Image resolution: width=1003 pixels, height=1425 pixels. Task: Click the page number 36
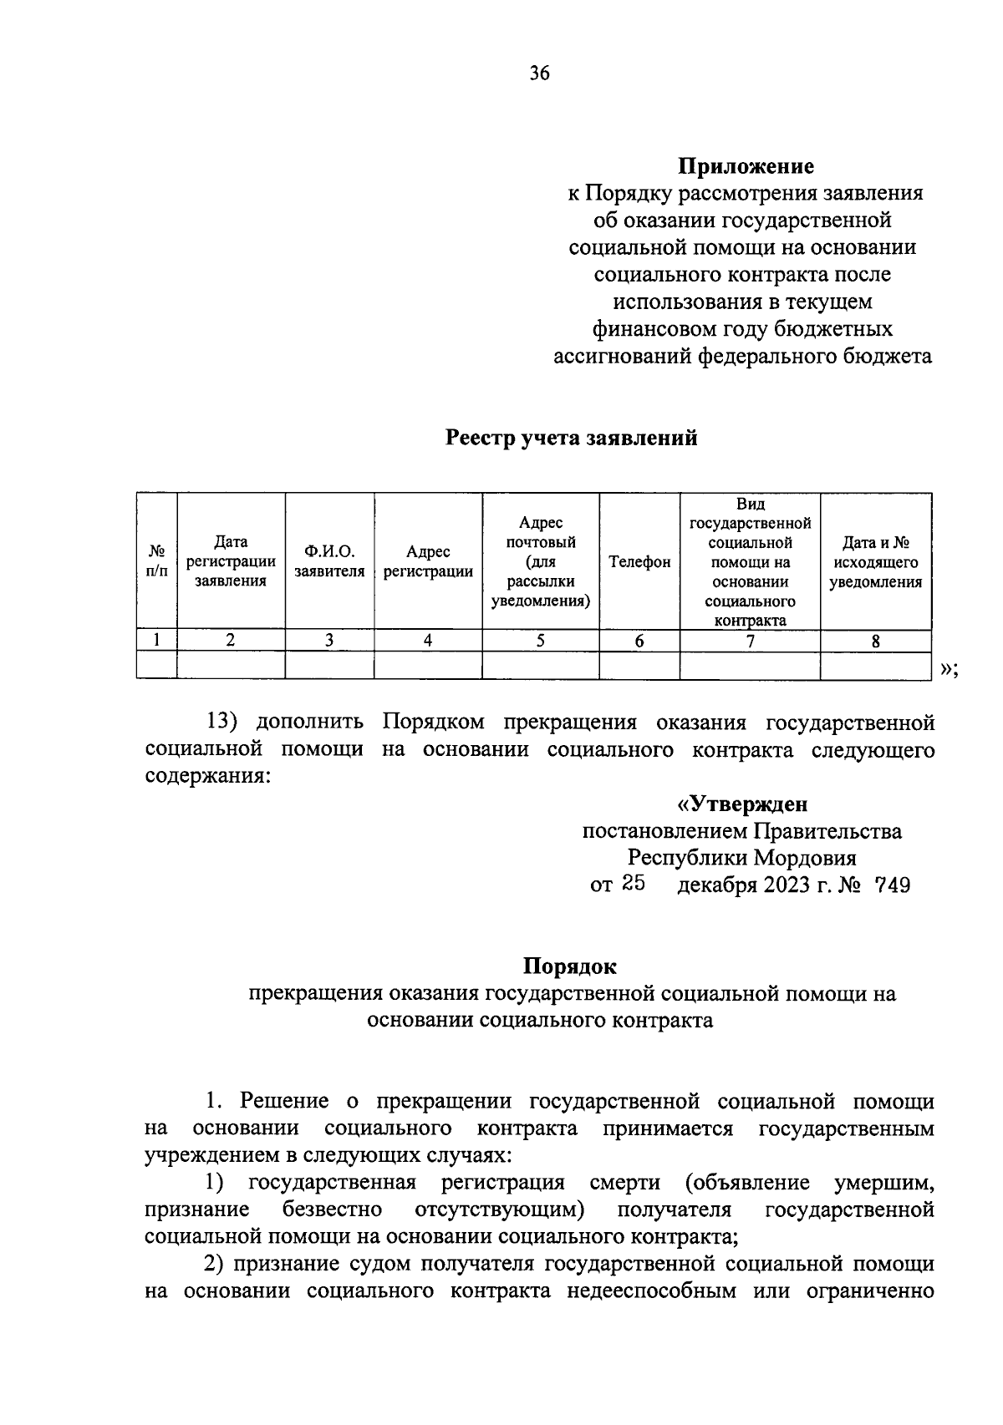click(539, 74)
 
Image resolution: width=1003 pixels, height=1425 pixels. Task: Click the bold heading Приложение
click(746, 166)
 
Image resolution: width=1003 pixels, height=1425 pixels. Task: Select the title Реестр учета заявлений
click(571, 438)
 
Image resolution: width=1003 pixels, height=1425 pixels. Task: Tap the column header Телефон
click(639, 562)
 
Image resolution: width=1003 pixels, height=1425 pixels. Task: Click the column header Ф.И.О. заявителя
click(329, 561)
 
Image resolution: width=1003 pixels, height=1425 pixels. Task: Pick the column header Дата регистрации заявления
click(231, 561)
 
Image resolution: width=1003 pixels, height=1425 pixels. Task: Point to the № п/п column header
click(157, 561)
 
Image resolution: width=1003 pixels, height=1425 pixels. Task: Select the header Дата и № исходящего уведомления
click(875, 562)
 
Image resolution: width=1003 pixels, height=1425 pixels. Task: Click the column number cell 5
click(540, 641)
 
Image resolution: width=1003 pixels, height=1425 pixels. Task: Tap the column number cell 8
click(875, 642)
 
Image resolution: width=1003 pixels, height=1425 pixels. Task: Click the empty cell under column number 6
click(639, 665)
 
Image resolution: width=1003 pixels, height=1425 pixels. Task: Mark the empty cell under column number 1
click(157, 665)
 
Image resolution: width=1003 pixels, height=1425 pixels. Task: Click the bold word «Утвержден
click(741, 804)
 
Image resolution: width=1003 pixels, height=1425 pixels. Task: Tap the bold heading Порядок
click(570, 966)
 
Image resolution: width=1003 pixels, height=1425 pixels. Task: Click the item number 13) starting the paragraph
click(225, 722)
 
